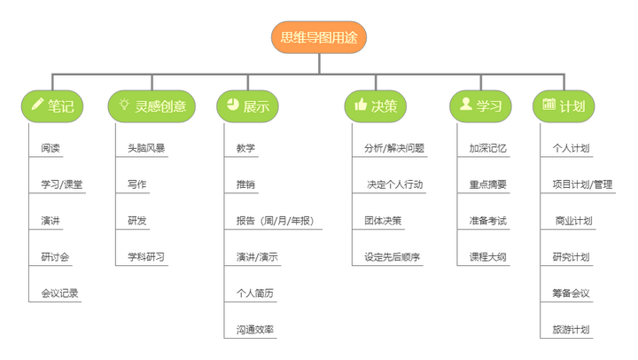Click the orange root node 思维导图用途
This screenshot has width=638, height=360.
click(319, 37)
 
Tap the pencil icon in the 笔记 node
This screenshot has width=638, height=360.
click(37, 105)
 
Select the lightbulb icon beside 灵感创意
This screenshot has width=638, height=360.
click(124, 105)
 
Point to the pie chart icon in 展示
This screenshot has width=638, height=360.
click(233, 105)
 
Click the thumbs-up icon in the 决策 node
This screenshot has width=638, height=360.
click(361, 105)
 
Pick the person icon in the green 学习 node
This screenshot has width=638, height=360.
click(465, 105)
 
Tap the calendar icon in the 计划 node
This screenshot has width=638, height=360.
click(549, 105)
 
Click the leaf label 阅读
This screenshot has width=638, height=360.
click(51, 148)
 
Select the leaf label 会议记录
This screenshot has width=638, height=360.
click(59, 293)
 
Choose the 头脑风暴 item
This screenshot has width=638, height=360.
click(146, 148)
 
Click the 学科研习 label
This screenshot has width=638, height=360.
click(146, 257)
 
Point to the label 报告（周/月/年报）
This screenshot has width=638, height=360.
click(276, 221)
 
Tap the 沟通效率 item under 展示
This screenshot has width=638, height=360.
click(255, 330)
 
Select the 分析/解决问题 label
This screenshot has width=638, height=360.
click(394, 148)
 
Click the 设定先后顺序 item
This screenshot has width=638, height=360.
click(393, 257)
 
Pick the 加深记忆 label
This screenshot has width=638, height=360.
click(488, 148)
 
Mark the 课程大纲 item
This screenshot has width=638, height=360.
click(488, 257)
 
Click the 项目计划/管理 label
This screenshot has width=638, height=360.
click(582, 184)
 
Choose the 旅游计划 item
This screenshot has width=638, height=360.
click(571, 330)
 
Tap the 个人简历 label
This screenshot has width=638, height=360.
click(255, 293)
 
